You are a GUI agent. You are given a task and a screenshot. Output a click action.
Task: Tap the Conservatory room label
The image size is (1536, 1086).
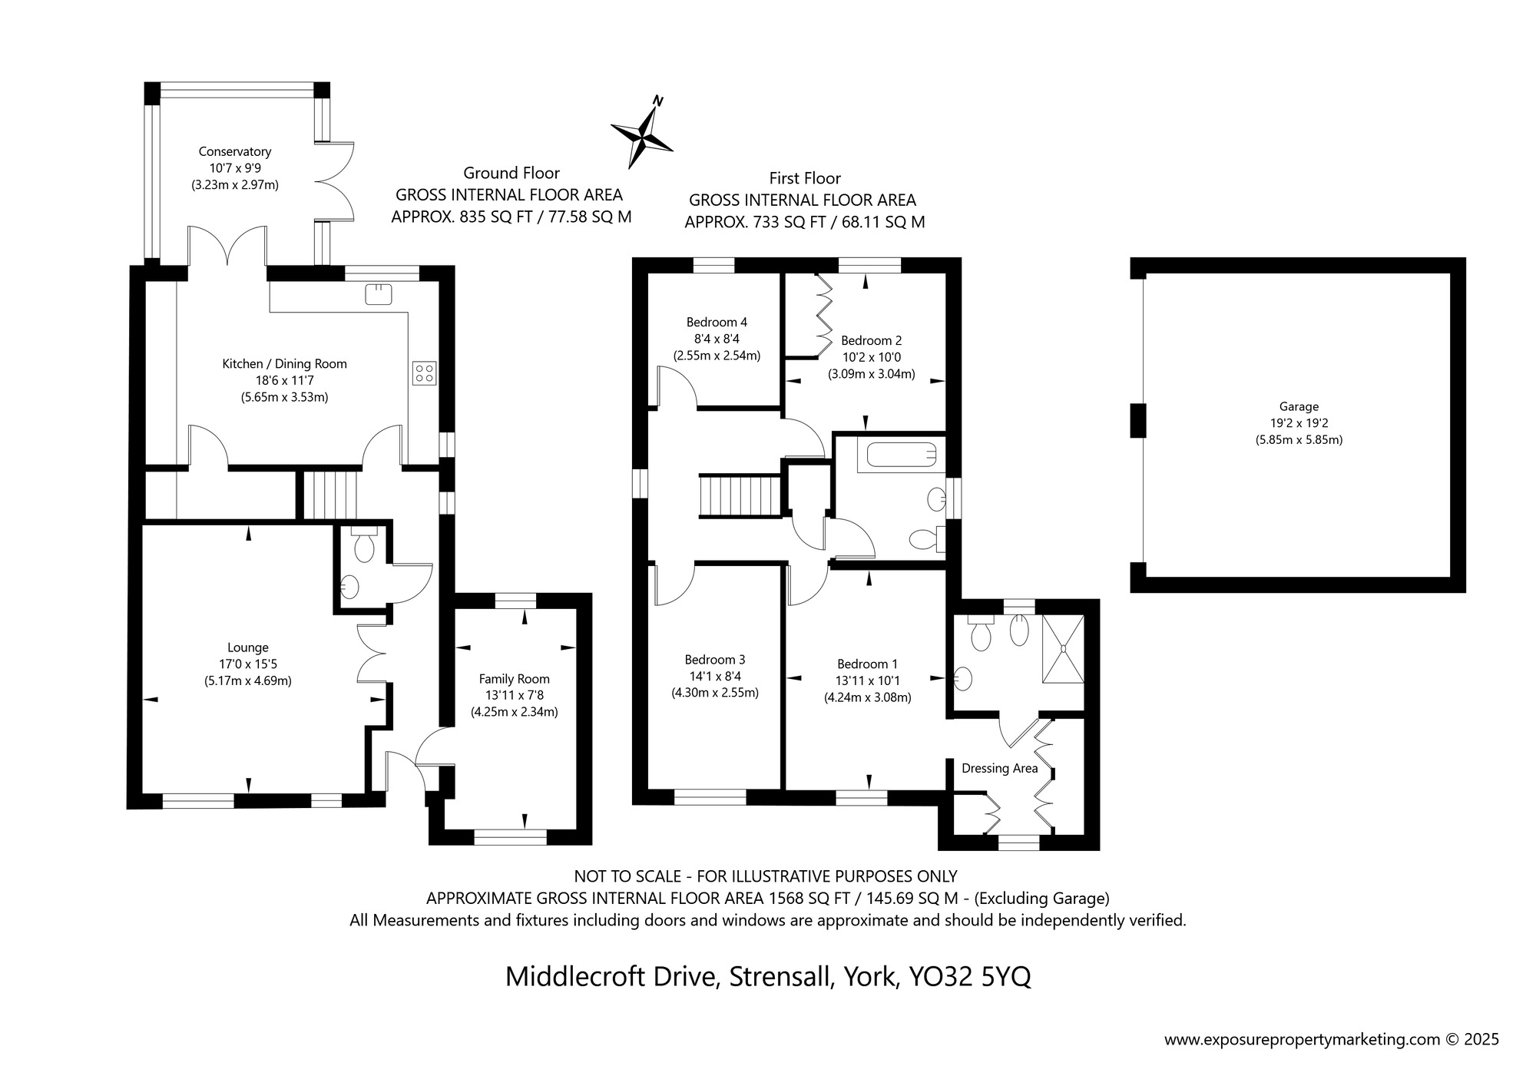pyautogui.click(x=234, y=152)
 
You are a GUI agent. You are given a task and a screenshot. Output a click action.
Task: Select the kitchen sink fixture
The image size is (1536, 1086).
pyautogui.click(x=379, y=293)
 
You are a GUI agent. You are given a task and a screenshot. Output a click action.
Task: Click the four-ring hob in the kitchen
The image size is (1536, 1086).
pyautogui.click(x=424, y=373)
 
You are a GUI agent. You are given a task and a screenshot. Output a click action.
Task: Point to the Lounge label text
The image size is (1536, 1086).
pyautogui.click(x=247, y=648)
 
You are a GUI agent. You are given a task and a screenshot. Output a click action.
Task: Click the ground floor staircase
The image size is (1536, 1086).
pyautogui.click(x=330, y=495)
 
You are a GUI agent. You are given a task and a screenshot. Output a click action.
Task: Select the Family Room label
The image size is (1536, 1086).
pyautogui.click(x=514, y=679)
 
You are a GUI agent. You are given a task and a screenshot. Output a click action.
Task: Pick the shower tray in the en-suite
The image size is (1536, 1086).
pyautogui.click(x=1063, y=649)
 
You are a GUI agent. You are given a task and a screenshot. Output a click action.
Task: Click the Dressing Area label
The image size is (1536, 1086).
pyautogui.click(x=999, y=768)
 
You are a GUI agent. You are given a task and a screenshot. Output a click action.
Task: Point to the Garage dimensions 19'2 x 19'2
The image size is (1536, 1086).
pyautogui.click(x=1299, y=423)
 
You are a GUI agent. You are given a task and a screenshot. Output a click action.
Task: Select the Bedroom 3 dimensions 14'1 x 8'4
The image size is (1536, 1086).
pyautogui.click(x=714, y=676)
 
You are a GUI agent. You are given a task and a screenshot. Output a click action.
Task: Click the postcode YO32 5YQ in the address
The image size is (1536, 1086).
pyautogui.click(x=970, y=976)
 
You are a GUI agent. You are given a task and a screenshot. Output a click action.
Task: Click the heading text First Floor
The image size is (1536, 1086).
pyautogui.click(x=805, y=178)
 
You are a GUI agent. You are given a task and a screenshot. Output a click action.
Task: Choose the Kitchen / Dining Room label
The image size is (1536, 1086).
pyautogui.click(x=284, y=364)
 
